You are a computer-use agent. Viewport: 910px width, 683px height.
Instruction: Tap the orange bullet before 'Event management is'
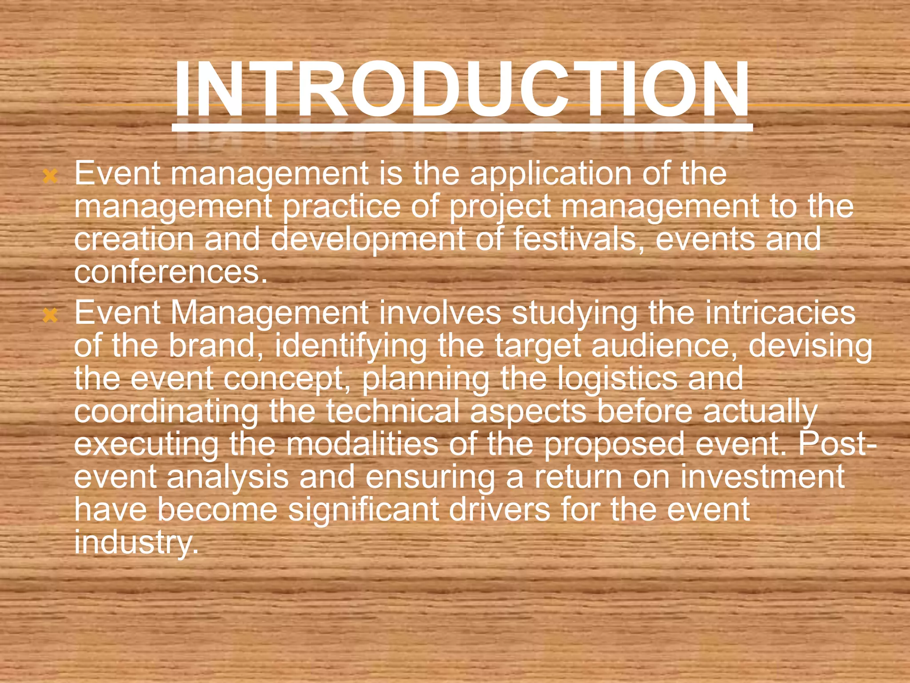pyautogui.click(x=50, y=177)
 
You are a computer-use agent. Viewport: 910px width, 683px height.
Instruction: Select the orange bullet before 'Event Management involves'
pyautogui.click(x=50, y=316)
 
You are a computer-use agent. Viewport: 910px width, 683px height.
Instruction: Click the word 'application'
pyautogui.click(x=551, y=174)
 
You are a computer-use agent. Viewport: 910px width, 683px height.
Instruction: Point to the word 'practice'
pyautogui.click(x=341, y=207)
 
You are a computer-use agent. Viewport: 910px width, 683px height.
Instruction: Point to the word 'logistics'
pyautogui.click(x=617, y=379)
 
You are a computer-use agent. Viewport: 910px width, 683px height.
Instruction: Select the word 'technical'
pyautogui.click(x=393, y=411)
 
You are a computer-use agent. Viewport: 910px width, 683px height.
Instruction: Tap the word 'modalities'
pyautogui.click(x=362, y=444)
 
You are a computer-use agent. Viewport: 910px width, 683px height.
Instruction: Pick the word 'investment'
pyautogui.click(x=762, y=477)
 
